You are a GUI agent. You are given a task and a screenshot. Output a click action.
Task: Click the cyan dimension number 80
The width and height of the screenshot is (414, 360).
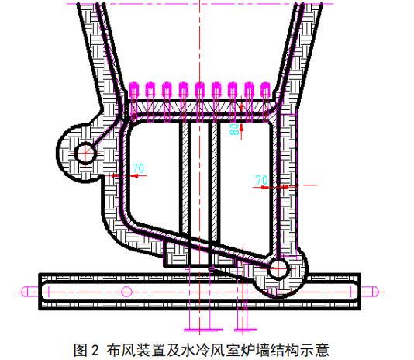click(234, 130)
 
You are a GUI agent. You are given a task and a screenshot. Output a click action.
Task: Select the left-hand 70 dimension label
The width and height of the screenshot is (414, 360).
click(139, 168)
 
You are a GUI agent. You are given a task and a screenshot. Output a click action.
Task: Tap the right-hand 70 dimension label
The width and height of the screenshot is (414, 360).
click(261, 180)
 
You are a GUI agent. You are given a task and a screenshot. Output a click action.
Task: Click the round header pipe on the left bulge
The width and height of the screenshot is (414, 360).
click(85, 153)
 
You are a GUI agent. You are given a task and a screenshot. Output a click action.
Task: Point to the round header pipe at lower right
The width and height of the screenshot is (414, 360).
click(278, 268)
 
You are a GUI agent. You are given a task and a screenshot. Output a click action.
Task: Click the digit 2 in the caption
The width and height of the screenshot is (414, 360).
click(95, 350)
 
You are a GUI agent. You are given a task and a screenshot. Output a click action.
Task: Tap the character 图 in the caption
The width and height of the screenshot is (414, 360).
click(81, 350)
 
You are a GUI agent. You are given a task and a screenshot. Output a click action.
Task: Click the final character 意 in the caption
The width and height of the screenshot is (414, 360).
click(323, 350)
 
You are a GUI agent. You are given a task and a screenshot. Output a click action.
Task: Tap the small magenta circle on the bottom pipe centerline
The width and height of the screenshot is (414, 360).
click(126, 292)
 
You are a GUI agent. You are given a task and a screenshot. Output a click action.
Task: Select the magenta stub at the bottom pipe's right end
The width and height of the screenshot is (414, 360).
click(369, 292)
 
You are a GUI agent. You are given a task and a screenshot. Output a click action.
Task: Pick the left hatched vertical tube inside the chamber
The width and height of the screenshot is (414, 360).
click(185, 182)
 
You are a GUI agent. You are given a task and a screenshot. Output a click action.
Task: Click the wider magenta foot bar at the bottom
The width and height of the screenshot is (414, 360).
click(203, 330)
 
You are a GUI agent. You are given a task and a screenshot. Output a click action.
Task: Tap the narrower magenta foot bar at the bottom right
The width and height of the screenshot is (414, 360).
click(245, 330)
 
